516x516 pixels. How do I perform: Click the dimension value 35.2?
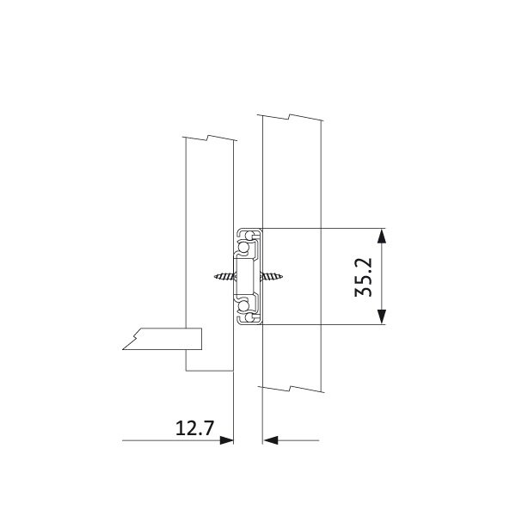[x=363, y=277]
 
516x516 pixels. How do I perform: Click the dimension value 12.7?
[x=194, y=428]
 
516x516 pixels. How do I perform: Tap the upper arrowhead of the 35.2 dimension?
[x=381, y=236]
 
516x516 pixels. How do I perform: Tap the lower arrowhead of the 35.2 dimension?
[x=381, y=316]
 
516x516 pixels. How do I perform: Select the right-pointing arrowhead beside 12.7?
[x=226, y=440]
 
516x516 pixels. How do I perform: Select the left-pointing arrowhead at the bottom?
[x=271, y=440]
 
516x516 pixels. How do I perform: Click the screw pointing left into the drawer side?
[x=224, y=276]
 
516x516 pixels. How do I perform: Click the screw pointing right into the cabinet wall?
[x=272, y=276]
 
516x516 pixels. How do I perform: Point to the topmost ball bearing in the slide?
[x=249, y=236]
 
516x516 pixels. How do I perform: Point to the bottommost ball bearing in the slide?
[x=249, y=317]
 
